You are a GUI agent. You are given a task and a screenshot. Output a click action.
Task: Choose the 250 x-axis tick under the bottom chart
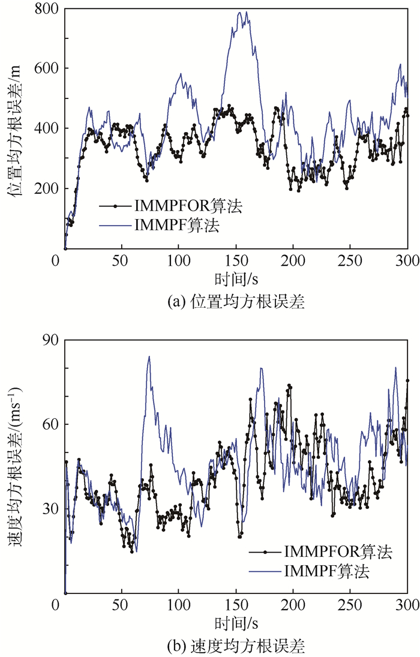click(350, 607)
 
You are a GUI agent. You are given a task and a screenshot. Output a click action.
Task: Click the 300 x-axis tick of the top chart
click(407, 262)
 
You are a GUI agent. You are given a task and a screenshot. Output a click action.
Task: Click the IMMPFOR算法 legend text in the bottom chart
click(338, 552)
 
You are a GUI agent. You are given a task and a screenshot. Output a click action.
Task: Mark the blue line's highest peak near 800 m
click(240, 12)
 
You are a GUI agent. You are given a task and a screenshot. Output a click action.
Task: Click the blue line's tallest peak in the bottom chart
click(149, 356)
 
